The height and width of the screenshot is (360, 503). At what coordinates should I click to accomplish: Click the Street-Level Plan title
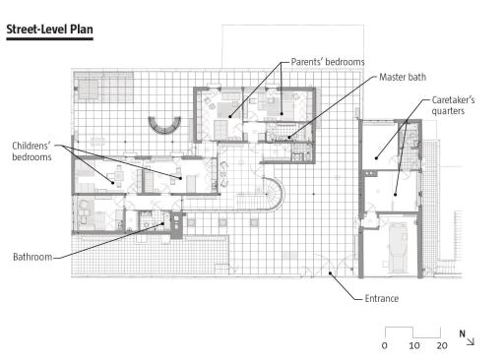[49, 30]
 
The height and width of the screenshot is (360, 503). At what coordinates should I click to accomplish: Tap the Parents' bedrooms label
[328, 62]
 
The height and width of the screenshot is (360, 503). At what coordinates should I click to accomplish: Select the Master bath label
[403, 77]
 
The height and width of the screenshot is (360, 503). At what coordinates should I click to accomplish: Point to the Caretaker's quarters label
[453, 105]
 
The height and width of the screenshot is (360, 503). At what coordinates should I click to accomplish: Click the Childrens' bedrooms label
[31, 151]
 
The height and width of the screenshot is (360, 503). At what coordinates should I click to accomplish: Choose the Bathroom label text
[32, 257]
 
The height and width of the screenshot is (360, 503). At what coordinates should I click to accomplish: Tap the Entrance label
[382, 299]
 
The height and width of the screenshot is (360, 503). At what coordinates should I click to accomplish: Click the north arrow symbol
[471, 341]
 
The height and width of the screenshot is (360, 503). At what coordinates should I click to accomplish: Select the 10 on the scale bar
[414, 345]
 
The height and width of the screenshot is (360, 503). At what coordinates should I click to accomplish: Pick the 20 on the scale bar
[442, 345]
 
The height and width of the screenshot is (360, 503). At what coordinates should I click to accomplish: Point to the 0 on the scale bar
[385, 345]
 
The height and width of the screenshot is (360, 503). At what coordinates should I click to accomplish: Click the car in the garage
[398, 247]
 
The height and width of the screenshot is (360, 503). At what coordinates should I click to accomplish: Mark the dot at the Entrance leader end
[331, 272]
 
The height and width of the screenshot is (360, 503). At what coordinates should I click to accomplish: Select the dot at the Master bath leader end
[289, 138]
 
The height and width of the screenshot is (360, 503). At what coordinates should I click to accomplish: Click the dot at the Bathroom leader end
[162, 224]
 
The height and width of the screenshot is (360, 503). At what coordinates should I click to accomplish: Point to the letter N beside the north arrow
[463, 333]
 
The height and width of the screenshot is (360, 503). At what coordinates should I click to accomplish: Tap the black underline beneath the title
[49, 39]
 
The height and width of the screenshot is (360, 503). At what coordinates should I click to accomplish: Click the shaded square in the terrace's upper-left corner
[89, 90]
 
